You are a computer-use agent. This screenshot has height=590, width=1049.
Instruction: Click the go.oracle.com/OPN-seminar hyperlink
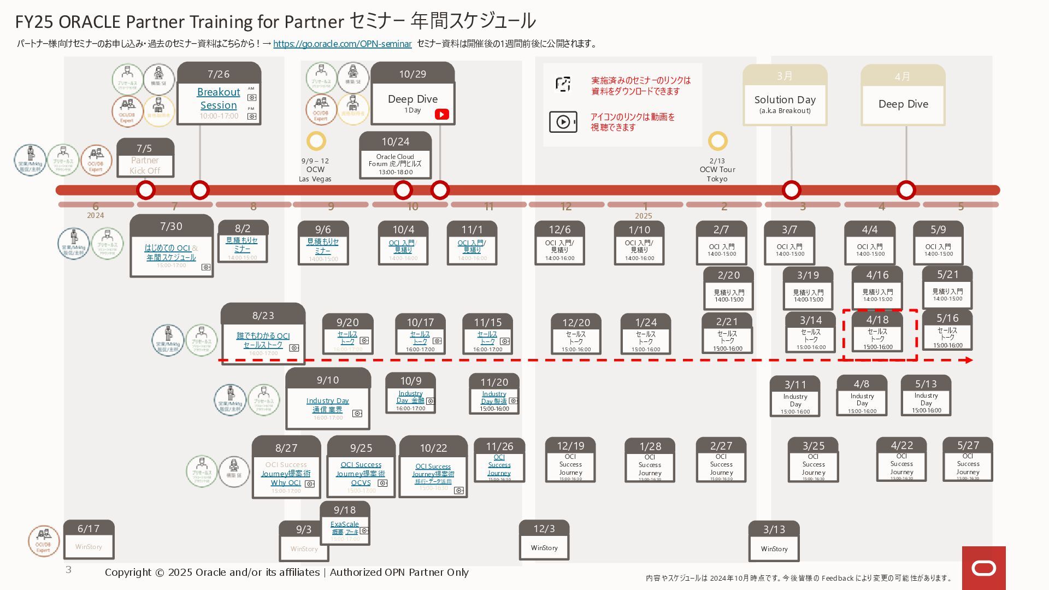342,44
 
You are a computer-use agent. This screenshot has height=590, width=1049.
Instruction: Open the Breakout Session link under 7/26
219,99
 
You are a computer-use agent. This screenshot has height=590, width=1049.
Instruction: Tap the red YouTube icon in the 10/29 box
441,114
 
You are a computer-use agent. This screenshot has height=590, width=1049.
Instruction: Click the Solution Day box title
785,100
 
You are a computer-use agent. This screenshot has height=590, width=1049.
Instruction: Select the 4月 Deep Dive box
903,104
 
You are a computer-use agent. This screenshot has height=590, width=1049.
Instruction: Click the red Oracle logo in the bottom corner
983,568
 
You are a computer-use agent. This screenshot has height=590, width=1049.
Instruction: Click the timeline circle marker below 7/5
146,190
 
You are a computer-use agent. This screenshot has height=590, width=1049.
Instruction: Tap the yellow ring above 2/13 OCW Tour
717,141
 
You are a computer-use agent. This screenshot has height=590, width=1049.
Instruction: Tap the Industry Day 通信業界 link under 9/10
327,405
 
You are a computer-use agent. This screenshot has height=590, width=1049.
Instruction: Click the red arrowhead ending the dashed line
968,360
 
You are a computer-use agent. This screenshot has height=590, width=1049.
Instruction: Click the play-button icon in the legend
563,122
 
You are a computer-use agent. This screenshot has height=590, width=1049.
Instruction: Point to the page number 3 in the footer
68,570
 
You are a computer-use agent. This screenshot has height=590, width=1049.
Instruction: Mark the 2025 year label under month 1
644,216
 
